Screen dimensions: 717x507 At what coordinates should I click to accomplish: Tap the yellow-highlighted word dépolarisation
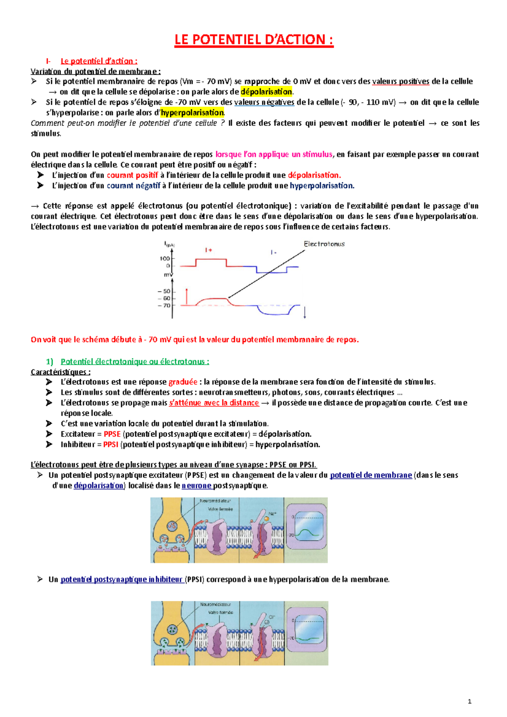pyautogui.click(x=266, y=92)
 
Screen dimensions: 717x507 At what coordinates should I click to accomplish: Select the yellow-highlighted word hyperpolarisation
pyautogui.click(x=192, y=112)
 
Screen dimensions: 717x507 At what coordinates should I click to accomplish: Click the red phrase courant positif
pyautogui.click(x=132, y=175)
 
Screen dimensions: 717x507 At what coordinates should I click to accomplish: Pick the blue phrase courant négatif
pyautogui.click(x=134, y=185)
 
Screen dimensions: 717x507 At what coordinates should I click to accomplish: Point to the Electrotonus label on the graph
pyautogui.click(x=324, y=244)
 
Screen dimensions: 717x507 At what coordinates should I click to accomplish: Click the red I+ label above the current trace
pyautogui.click(x=208, y=250)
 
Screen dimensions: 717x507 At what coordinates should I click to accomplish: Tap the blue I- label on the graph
pyautogui.click(x=273, y=252)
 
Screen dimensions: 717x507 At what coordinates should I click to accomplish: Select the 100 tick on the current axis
pyautogui.click(x=165, y=258)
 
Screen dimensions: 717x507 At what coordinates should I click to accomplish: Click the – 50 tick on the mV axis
pyautogui.click(x=164, y=291)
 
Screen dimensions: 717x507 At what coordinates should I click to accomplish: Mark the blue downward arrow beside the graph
pyautogui.click(x=305, y=312)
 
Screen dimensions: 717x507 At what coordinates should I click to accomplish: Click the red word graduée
pyautogui.click(x=183, y=382)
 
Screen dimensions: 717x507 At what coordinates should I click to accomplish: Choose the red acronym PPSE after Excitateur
pyautogui.click(x=112, y=434)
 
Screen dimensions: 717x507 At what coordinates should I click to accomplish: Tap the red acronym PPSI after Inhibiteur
pyautogui.click(x=111, y=445)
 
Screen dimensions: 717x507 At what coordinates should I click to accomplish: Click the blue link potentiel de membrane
pyautogui.click(x=371, y=475)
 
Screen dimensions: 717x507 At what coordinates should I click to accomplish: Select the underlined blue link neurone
pyautogui.click(x=196, y=486)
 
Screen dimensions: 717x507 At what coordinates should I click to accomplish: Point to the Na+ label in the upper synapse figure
pyautogui.click(x=272, y=514)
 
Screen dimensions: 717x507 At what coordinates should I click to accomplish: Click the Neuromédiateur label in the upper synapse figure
pyautogui.click(x=215, y=501)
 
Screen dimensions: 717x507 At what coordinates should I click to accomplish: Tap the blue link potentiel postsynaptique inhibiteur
pyautogui.click(x=121, y=579)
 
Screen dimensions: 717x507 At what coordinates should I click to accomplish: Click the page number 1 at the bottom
pyautogui.click(x=470, y=701)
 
